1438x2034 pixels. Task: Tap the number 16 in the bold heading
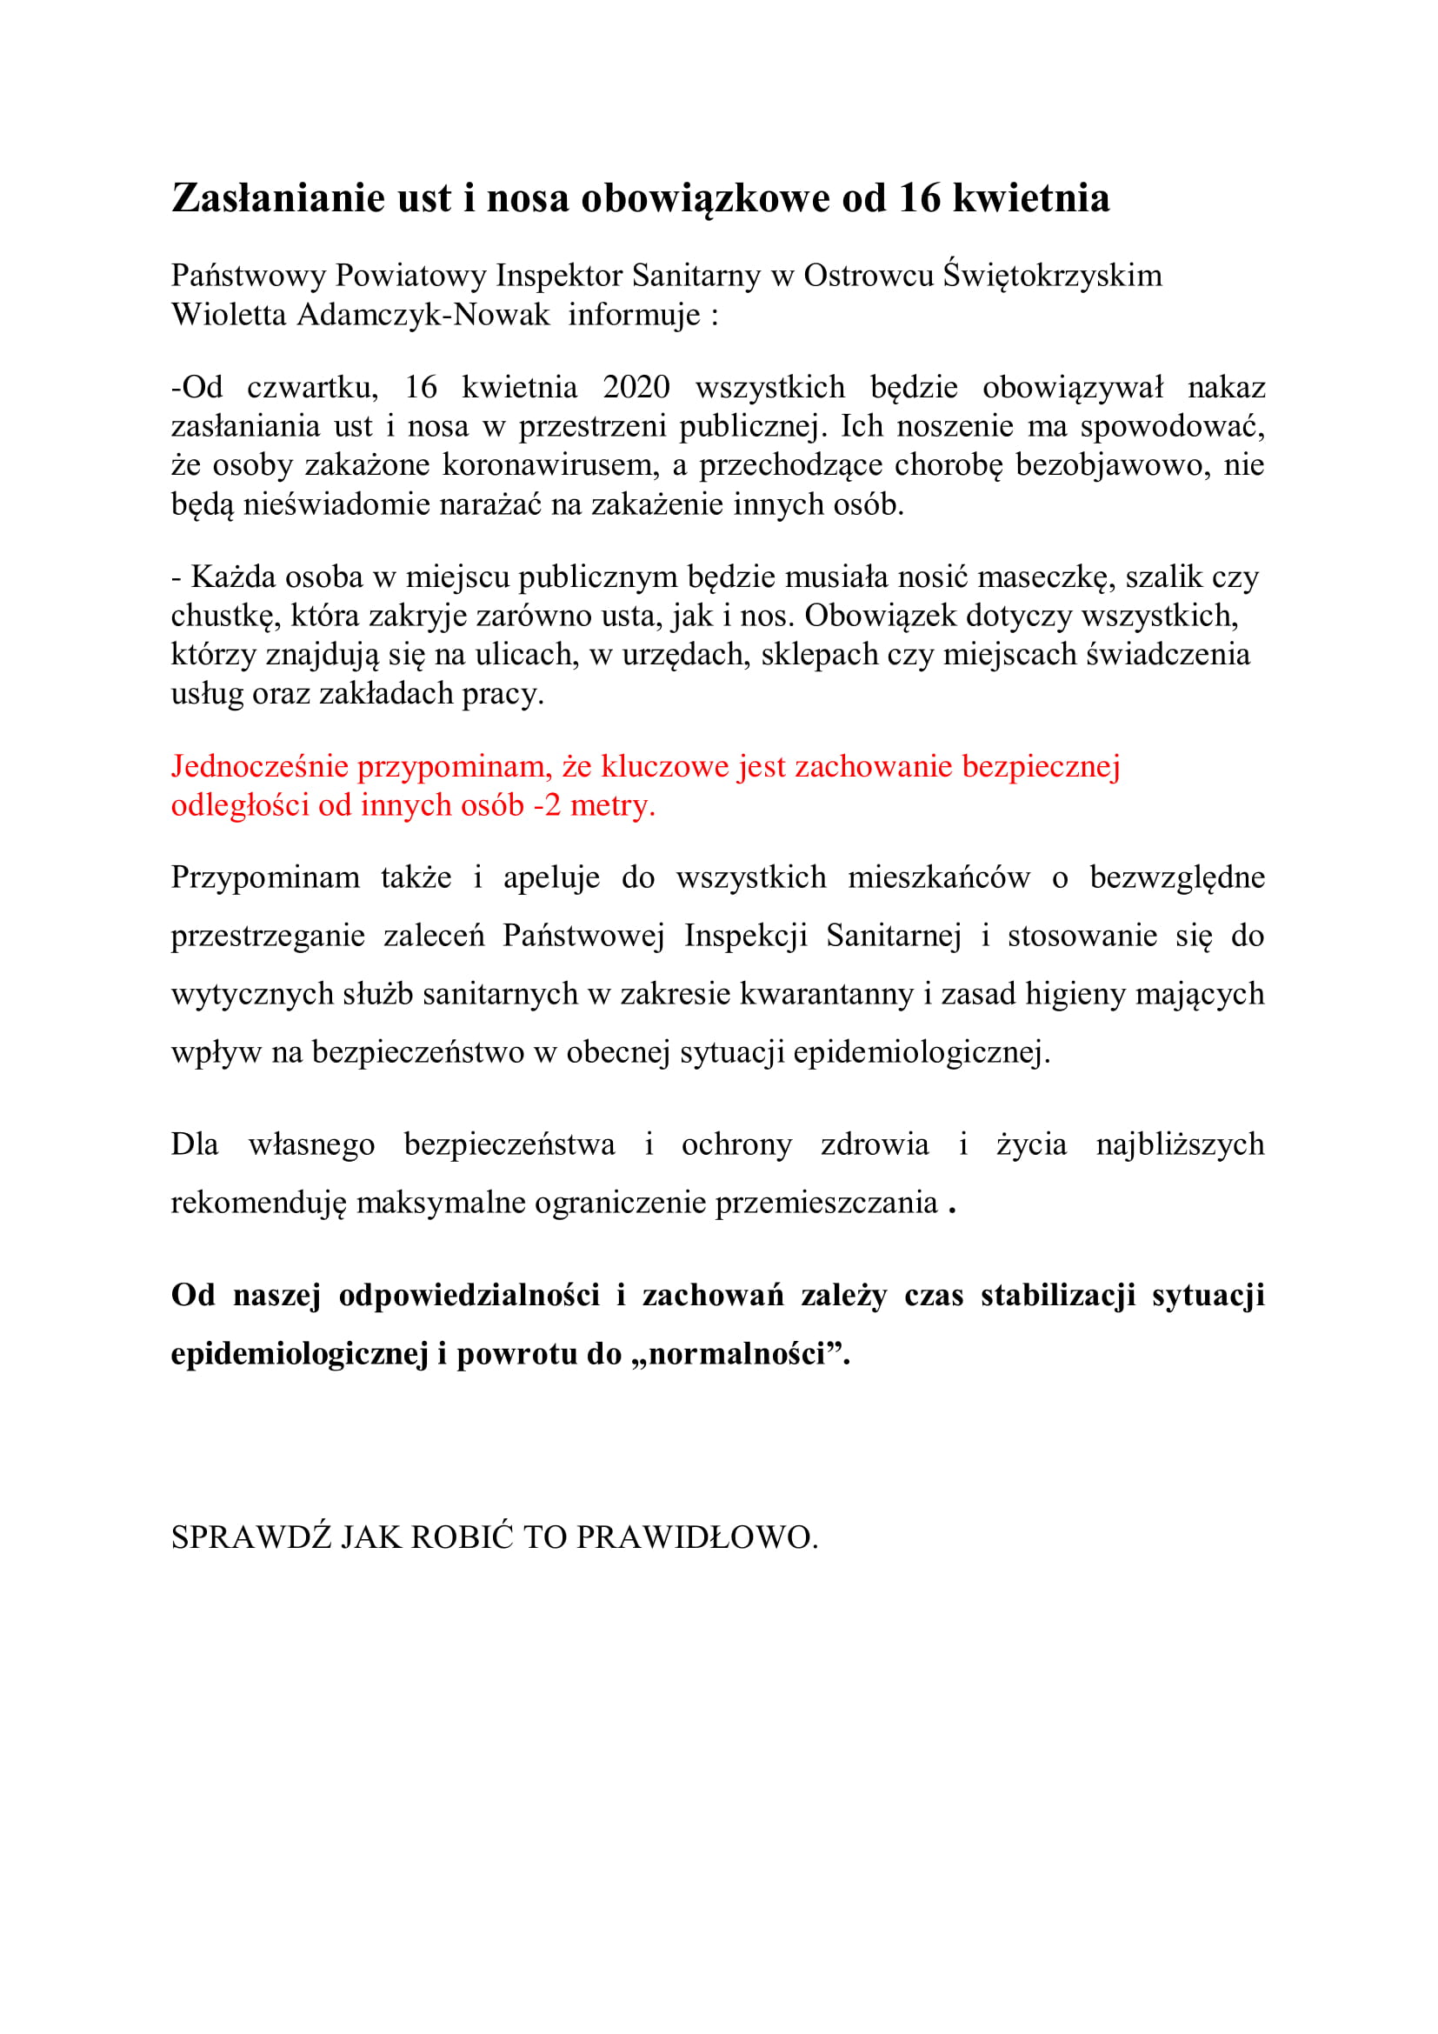[x=919, y=198]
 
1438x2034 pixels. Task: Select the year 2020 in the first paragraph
[x=636, y=387]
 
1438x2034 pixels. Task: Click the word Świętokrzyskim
[x=1052, y=276]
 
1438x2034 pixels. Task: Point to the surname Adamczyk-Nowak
[x=423, y=315]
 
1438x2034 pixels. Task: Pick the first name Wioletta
[x=229, y=315]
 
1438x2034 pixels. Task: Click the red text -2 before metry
[x=546, y=805]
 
